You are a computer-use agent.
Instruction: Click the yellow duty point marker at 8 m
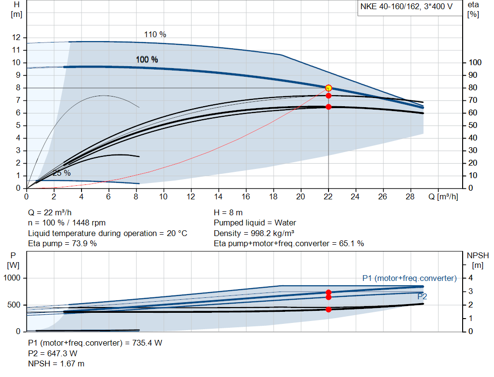[329, 88]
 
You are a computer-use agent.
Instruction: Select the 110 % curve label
[155, 34]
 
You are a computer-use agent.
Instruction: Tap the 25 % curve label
[61, 173]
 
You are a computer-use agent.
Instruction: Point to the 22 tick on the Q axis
[329, 196]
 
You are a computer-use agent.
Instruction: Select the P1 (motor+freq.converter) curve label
[409, 278]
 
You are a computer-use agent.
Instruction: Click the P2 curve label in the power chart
[422, 296]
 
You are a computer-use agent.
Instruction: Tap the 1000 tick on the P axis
[13, 278]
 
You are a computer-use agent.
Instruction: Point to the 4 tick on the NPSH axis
[471, 278]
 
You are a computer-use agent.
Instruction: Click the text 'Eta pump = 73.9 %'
[63, 244]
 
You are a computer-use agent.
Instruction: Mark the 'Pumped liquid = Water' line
[255, 223]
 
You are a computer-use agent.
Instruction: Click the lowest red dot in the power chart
[329, 309]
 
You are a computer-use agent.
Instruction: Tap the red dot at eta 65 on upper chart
[329, 107]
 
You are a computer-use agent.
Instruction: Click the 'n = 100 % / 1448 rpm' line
[67, 223]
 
